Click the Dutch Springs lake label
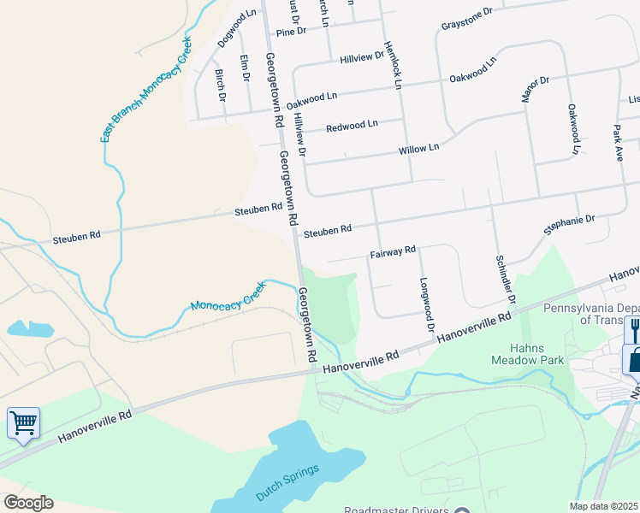[x=287, y=482]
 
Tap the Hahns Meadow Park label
[x=537, y=354]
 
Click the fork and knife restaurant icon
[x=635, y=327]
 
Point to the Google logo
[x=27, y=502]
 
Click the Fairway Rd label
[x=393, y=251]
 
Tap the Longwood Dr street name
[x=426, y=304]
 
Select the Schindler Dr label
[x=505, y=279]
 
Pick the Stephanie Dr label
[x=569, y=226]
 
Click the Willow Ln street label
[x=418, y=149]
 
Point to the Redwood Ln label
[x=352, y=126]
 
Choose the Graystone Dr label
[x=467, y=19]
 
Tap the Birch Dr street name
[x=221, y=85]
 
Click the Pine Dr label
[x=291, y=32]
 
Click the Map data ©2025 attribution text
[x=604, y=506]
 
